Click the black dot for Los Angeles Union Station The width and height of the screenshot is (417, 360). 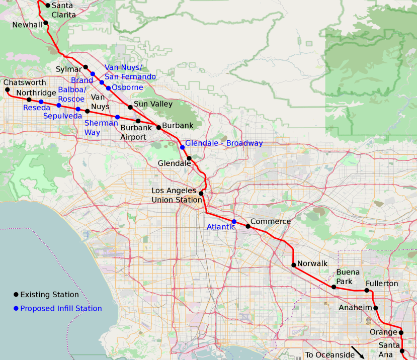pyautogui.click(x=201, y=194)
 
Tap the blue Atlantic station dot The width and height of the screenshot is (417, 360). pyautogui.click(x=234, y=222)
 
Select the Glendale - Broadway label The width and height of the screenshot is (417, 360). pyautogui.click(x=224, y=143)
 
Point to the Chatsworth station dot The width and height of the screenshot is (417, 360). pyautogui.click(x=8, y=90)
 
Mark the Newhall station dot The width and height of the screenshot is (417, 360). pyautogui.click(x=46, y=23)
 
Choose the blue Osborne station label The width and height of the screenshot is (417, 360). pyautogui.click(x=127, y=87)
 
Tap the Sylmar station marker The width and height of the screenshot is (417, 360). pyautogui.click(x=86, y=67)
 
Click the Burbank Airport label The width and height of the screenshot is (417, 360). pyautogui.click(x=133, y=132)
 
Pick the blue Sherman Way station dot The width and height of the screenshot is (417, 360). pyautogui.click(x=117, y=117)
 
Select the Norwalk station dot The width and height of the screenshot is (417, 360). pyautogui.click(x=293, y=265)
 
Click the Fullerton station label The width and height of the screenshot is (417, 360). pyautogui.click(x=382, y=284)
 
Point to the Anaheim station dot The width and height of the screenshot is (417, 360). pyautogui.click(x=376, y=308)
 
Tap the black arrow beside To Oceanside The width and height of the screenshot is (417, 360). pyautogui.click(x=358, y=352)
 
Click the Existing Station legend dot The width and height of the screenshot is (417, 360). pyautogui.click(x=16, y=295)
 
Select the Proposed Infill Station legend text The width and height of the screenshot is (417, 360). pyautogui.click(x=61, y=308)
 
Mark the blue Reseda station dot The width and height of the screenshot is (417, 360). pyautogui.click(x=41, y=102)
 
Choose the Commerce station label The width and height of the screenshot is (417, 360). pyautogui.click(x=271, y=222)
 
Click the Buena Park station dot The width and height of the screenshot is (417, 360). pyautogui.click(x=333, y=287)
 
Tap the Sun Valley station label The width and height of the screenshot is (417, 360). pyautogui.click(x=153, y=104)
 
